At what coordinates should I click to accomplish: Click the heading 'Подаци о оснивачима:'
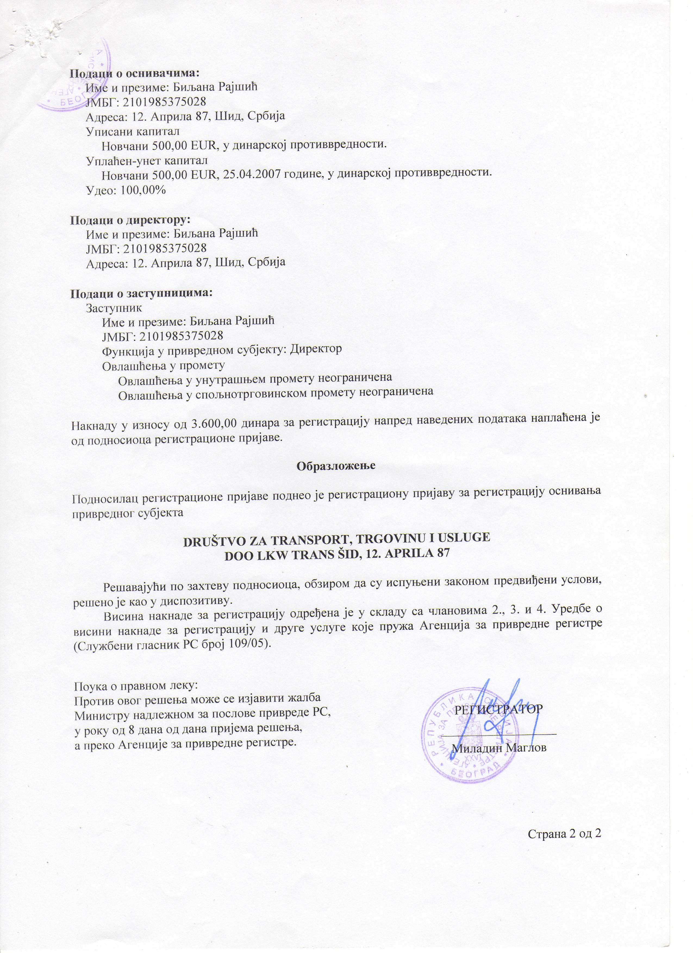click(x=134, y=73)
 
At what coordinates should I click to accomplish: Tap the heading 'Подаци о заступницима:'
click(x=141, y=292)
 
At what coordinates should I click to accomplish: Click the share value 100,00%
click(x=143, y=190)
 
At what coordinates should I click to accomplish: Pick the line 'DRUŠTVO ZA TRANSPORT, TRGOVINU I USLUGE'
click(x=337, y=539)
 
